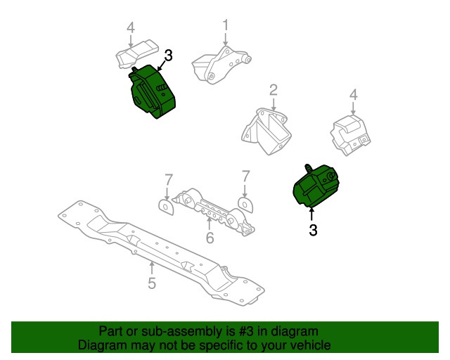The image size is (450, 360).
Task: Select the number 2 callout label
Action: tap(274, 89)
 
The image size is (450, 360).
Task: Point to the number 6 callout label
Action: tap(210, 238)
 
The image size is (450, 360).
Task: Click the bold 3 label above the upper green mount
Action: tap(168, 56)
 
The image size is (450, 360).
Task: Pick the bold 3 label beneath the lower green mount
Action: tap(313, 229)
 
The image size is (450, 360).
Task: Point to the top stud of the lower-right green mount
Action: tap(308, 167)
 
